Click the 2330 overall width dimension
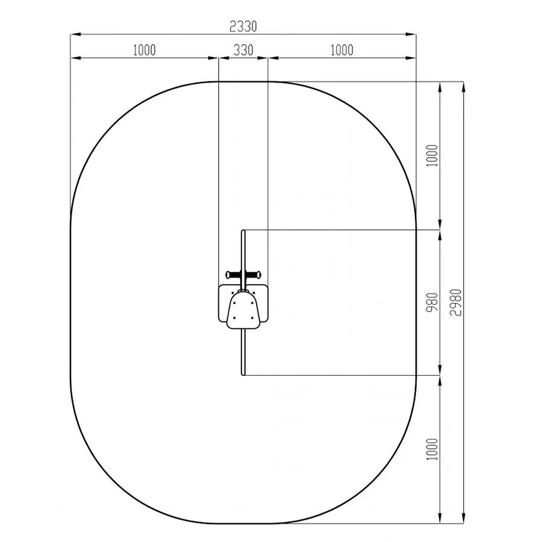click(x=243, y=26)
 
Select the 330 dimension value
click(x=243, y=50)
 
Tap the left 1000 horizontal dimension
click(x=144, y=50)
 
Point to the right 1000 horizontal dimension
click(x=342, y=50)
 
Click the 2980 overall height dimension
click(x=456, y=302)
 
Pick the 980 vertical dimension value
click(x=432, y=302)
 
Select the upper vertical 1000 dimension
click(x=432, y=155)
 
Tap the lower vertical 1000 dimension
click(x=432, y=449)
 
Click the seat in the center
click(x=243, y=310)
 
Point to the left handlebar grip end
click(x=228, y=275)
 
